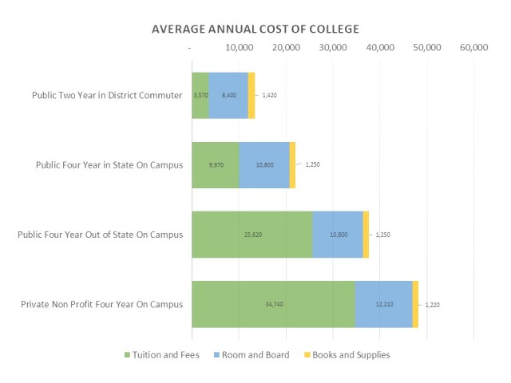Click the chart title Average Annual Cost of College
coord(255,29)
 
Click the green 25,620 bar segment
coord(252,235)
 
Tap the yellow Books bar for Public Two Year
coord(252,95)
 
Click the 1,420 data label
coord(269,95)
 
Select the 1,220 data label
coord(431,304)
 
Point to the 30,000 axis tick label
coord(332,48)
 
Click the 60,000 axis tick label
coord(474,48)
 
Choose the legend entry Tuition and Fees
coord(161,354)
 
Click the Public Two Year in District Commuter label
coord(107,95)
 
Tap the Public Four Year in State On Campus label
coord(109,165)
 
